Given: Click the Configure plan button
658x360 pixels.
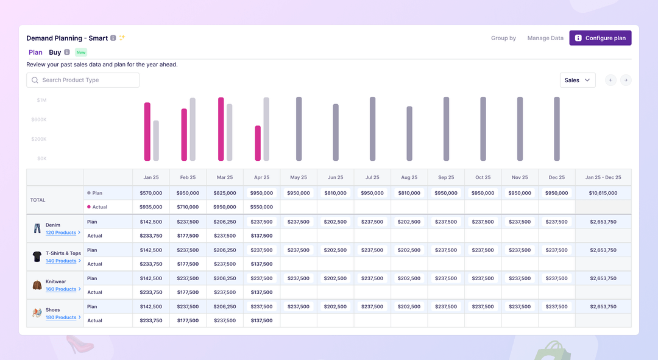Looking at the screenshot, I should click(x=600, y=38).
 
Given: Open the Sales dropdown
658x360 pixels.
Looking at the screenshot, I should click(x=577, y=80).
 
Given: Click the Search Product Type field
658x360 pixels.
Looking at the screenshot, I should click(x=83, y=80).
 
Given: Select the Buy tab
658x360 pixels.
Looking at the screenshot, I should click(x=55, y=52).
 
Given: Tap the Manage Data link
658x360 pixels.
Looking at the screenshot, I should click(x=545, y=38).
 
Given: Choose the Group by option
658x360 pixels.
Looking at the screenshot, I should click(x=503, y=38).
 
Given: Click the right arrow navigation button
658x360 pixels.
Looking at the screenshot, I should click(x=626, y=80).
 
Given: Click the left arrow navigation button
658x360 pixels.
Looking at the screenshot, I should click(x=610, y=80).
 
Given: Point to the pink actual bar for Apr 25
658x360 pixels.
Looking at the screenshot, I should click(x=258, y=143).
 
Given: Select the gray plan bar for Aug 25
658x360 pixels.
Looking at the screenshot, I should click(x=409, y=133).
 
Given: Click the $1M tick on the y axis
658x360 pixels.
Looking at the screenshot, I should click(x=41, y=100).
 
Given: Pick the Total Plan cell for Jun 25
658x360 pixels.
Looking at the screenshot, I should click(x=335, y=193).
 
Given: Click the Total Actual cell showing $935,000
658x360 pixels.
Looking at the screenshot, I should click(x=151, y=207).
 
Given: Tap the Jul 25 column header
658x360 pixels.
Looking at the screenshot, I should click(x=372, y=177).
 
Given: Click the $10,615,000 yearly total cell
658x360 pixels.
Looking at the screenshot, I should click(x=603, y=193).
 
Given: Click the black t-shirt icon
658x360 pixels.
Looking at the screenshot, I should click(x=37, y=256).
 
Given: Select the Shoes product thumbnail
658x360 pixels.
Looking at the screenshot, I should click(x=37, y=313).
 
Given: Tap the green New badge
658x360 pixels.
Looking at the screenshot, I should click(x=81, y=52).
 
